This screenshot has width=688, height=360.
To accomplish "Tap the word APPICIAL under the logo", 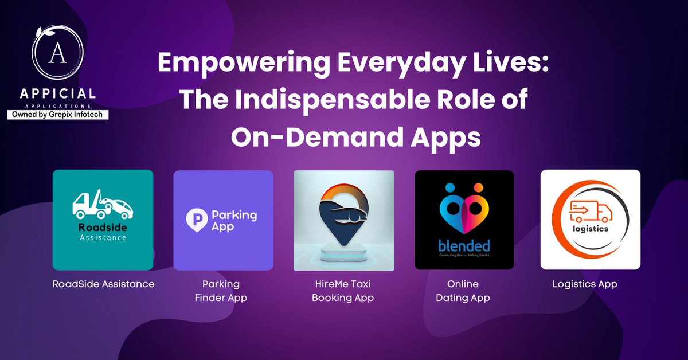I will click(56, 94).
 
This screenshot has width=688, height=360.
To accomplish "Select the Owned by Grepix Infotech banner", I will click(57, 115).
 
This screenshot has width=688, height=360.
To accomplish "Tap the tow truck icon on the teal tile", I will click(103, 204).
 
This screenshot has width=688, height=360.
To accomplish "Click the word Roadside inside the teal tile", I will click(102, 226).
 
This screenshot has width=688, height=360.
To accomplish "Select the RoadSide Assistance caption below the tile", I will click(103, 284).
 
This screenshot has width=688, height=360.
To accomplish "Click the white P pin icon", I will click(196, 220).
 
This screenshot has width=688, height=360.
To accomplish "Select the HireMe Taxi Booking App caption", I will click(343, 291).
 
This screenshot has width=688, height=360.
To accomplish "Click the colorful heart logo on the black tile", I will click(464, 212).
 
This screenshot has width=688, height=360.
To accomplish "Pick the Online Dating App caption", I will click(463, 291).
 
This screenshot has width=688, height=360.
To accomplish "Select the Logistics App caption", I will click(584, 284).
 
